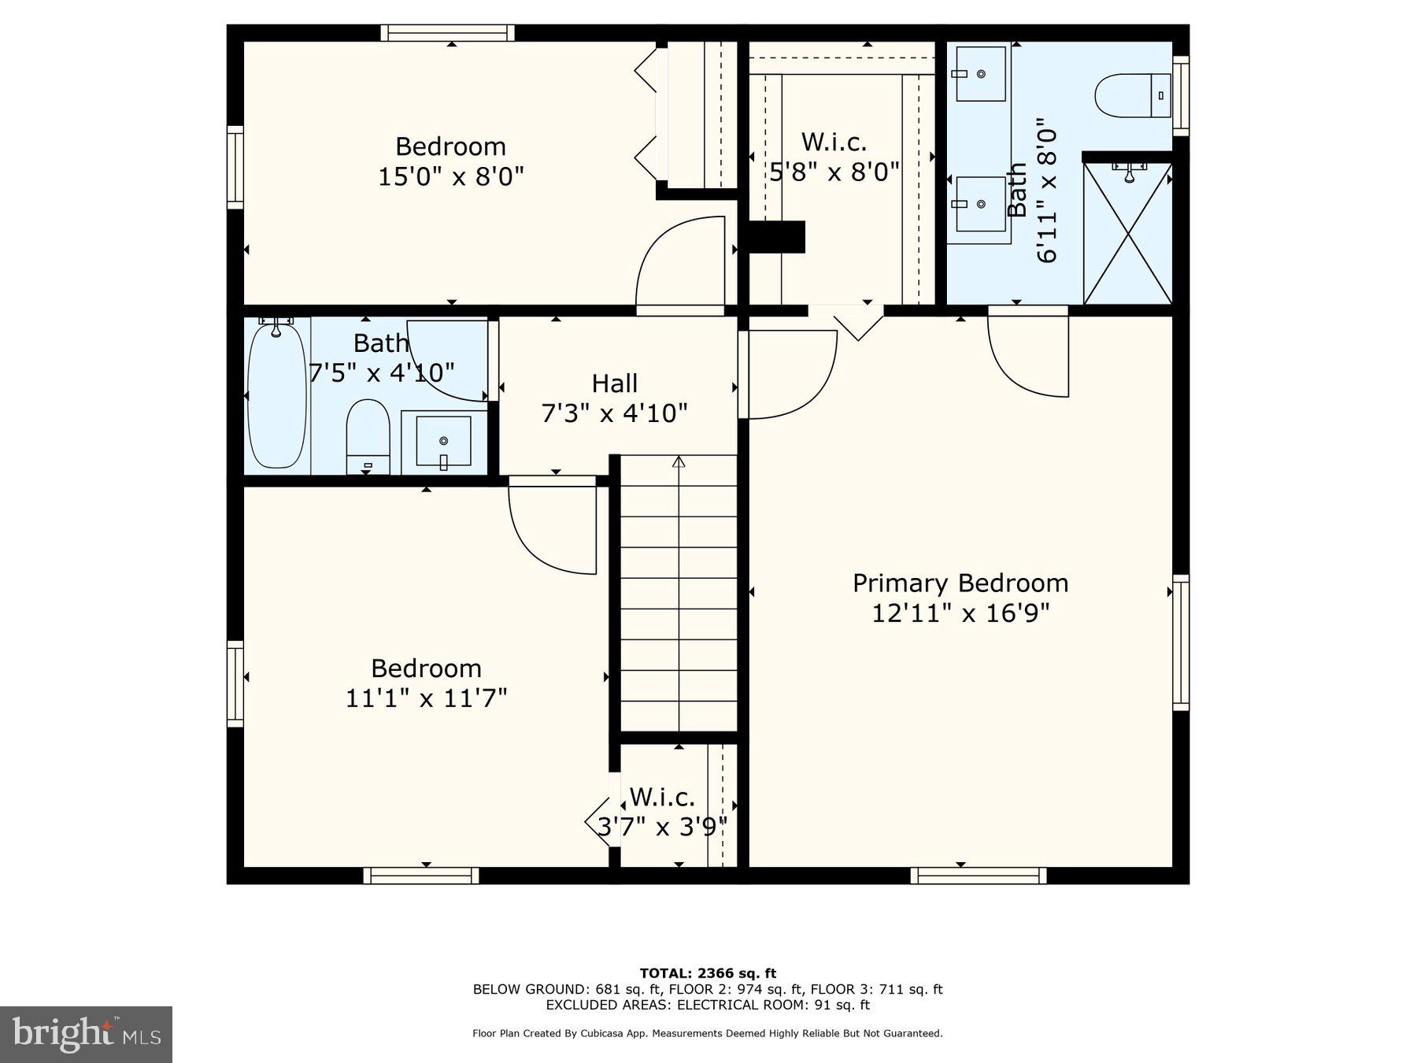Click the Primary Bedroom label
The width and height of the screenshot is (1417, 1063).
960,583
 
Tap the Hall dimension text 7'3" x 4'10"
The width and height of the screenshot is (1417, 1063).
614,413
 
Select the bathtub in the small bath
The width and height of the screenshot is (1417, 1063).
276,396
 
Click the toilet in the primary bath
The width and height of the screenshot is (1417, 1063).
1134,96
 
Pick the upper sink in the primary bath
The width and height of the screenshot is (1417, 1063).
980,73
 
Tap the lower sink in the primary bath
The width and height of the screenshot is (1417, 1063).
980,204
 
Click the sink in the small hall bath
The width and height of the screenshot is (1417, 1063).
443,442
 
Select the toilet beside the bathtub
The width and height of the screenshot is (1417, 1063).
368,437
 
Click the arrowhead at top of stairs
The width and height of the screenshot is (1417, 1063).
679,461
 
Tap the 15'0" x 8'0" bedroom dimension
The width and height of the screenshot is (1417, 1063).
451,176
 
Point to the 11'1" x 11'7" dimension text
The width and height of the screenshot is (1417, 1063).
426,698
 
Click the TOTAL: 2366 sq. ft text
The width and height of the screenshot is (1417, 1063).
708,974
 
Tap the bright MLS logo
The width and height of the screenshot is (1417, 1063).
86,1034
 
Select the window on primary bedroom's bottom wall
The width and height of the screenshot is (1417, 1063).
979,876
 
